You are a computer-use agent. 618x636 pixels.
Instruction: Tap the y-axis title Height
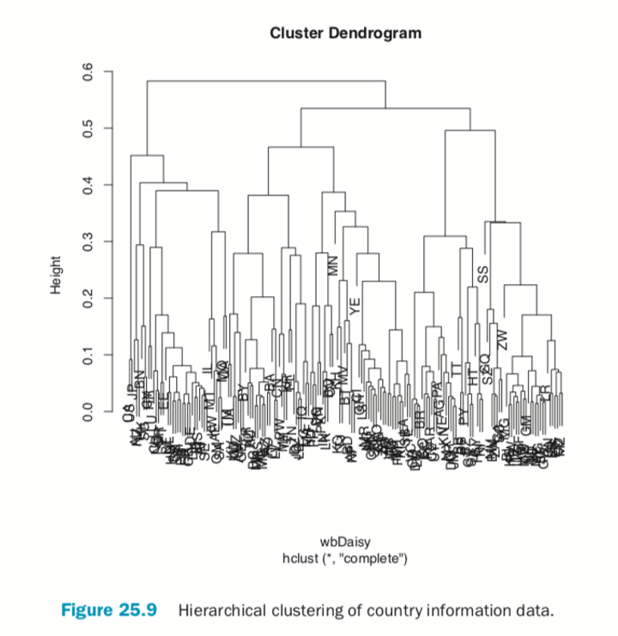(57, 275)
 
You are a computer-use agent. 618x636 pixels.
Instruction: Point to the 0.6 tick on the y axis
(87, 72)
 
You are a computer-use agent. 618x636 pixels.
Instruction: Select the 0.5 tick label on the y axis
(87, 129)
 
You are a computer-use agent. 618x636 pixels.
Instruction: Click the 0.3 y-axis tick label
(87, 242)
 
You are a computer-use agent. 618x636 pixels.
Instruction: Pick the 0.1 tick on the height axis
(87, 355)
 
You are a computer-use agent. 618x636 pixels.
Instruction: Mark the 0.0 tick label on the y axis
(87, 412)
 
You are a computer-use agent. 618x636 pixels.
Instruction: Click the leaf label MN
(335, 265)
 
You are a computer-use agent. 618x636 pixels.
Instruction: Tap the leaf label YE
(353, 305)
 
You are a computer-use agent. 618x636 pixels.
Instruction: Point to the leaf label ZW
(504, 338)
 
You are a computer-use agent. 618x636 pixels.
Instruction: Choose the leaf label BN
(141, 379)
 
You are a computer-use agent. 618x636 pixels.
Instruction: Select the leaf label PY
(463, 416)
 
